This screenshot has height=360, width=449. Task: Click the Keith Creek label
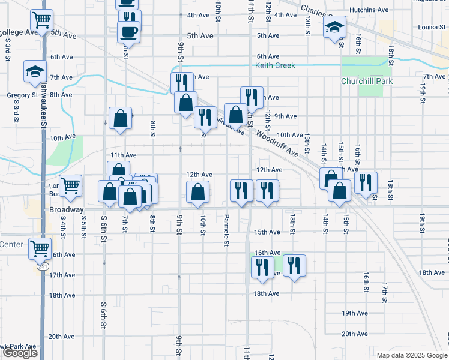click(275, 65)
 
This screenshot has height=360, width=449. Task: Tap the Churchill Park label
click(366, 81)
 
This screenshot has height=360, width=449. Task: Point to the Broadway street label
click(66, 210)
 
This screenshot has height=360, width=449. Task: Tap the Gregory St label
click(23, 95)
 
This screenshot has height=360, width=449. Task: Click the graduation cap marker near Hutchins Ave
click(334, 28)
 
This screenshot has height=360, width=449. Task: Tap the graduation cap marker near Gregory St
click(35, 71)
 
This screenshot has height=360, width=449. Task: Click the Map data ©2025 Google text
click(411, 355)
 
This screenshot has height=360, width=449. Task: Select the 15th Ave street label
click(267, 232)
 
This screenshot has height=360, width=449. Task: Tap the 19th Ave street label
click(354, 313)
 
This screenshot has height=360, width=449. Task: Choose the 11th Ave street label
click(123, 155)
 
